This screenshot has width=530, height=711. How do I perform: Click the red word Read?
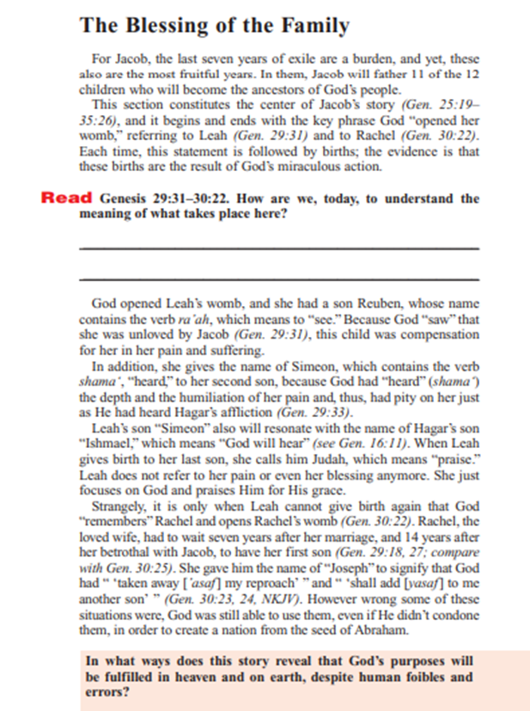click(x=67, y=199)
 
